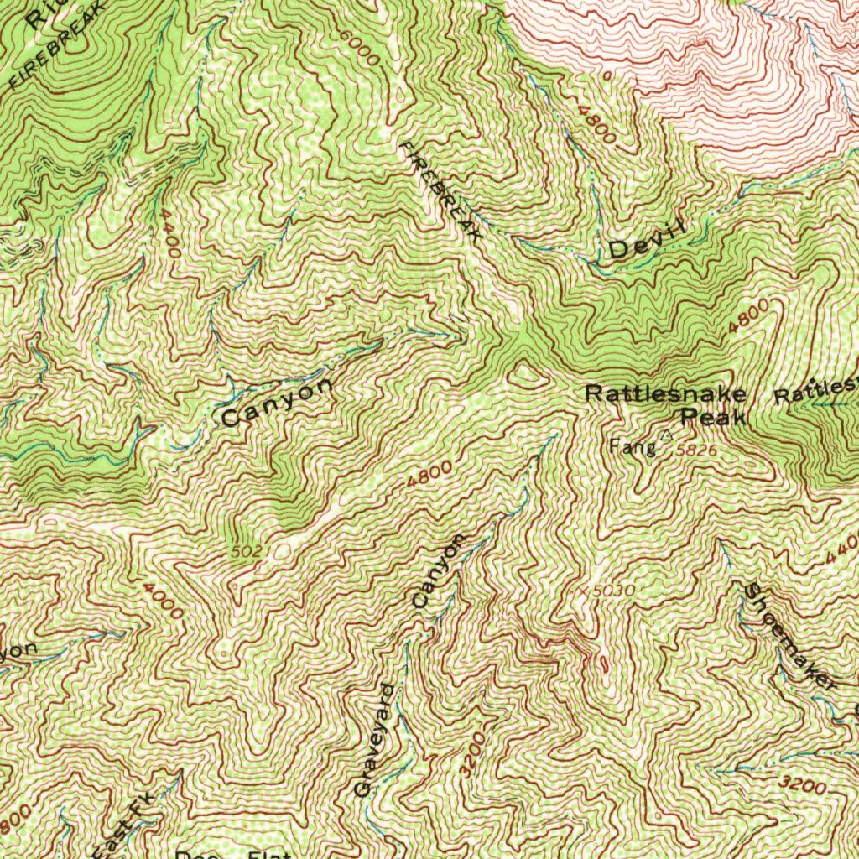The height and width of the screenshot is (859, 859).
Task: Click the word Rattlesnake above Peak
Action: (665, 393)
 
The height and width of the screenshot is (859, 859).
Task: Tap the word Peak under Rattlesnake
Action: (712, 416)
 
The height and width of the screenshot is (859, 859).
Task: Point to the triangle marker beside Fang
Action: (666, 435)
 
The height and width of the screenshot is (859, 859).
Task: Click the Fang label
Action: (633, 447)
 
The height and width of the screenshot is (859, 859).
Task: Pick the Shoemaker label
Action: (788, 637)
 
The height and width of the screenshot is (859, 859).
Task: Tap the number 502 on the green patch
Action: (247, 551)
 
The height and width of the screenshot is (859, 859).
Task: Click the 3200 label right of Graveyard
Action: (472, 754)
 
